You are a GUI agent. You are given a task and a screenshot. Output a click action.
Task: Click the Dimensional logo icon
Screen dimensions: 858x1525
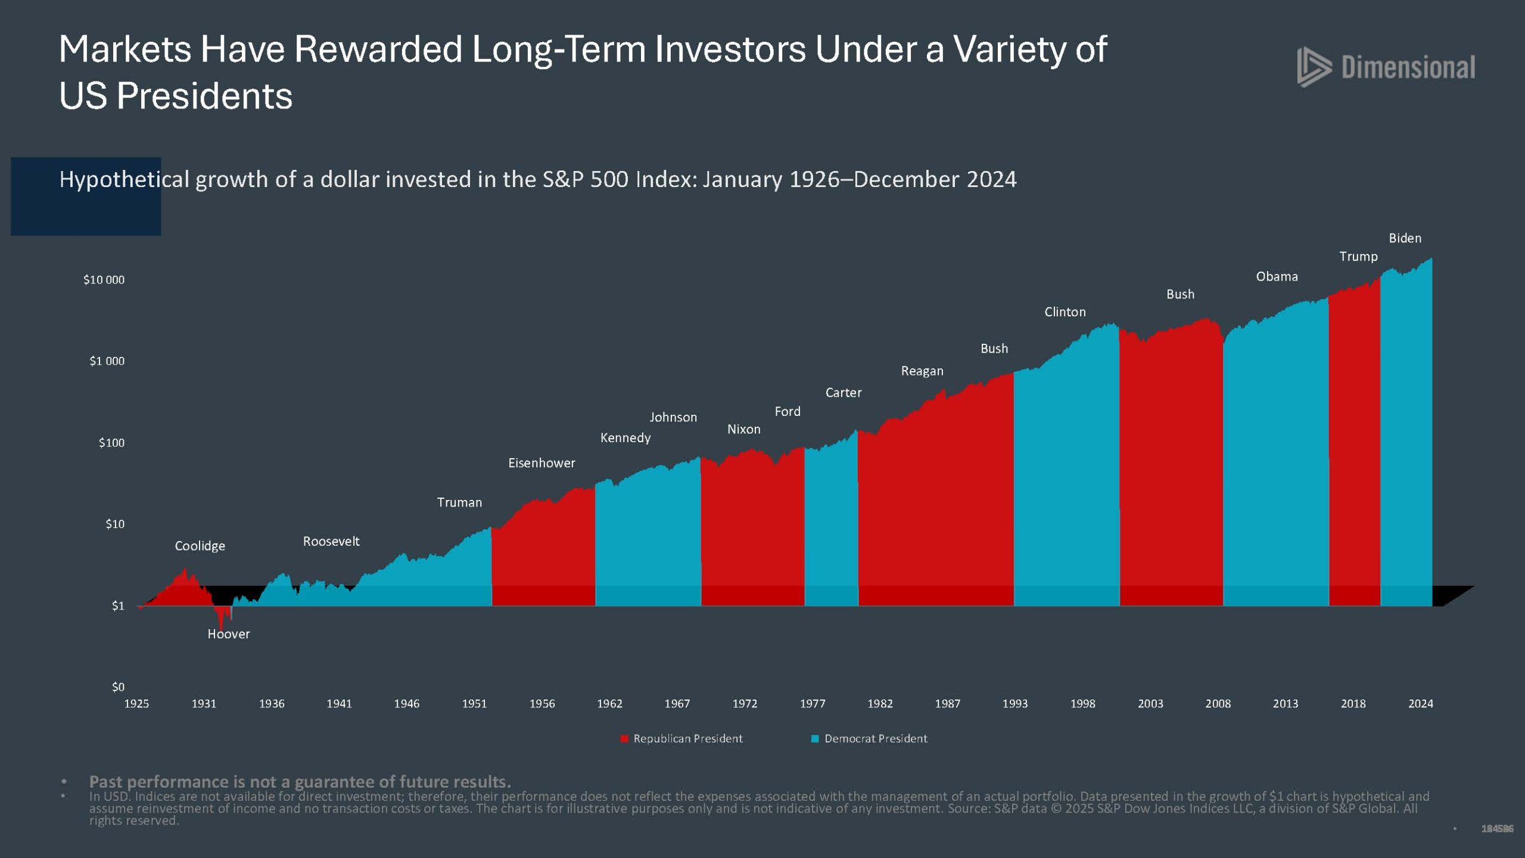tap(1314, 67)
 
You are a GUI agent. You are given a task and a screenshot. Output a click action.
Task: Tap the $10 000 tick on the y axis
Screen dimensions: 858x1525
tap(104, 280)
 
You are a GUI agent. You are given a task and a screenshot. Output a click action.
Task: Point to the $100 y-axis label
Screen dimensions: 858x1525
tap(111, 443)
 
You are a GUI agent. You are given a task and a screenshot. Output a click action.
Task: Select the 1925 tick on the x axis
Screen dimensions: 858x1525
tap(136, 704)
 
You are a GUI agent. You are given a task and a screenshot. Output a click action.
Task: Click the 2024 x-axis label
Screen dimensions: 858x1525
tap(1420, 704)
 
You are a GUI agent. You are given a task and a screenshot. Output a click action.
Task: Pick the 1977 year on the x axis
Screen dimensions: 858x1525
tap(813, 704)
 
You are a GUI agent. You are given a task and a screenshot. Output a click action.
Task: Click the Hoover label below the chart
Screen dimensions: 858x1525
tap(228, 634)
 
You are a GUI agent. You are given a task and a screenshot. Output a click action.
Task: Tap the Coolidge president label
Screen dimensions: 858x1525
tap(200, 546)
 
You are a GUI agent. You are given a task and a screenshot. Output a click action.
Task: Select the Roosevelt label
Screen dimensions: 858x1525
tap(331, 541)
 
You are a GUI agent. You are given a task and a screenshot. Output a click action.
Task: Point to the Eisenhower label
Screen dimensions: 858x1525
tap(541, 463)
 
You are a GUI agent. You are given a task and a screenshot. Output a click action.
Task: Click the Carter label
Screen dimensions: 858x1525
tap(843, 393)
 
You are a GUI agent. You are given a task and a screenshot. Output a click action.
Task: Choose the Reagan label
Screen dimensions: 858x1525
tap(922, 371)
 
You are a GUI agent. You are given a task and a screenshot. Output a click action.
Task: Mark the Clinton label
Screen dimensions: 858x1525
tap(1065, 312)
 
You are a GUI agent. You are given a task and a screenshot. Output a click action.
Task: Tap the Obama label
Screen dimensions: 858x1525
tap(1277, 276)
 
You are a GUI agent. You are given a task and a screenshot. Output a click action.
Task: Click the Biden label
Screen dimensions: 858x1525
tap(1405, 238)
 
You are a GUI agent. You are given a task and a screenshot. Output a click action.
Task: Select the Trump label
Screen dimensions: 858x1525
tap(1358, 256)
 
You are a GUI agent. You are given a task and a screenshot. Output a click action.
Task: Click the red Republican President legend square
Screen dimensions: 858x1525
tap(624, 739)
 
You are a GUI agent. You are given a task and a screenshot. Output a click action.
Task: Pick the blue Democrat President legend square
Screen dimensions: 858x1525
tap(815, 739)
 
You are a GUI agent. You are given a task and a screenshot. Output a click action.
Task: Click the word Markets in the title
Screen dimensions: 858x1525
tap(125, 49)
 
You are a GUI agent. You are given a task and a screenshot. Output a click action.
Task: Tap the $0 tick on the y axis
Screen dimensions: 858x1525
tap(118, 687)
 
